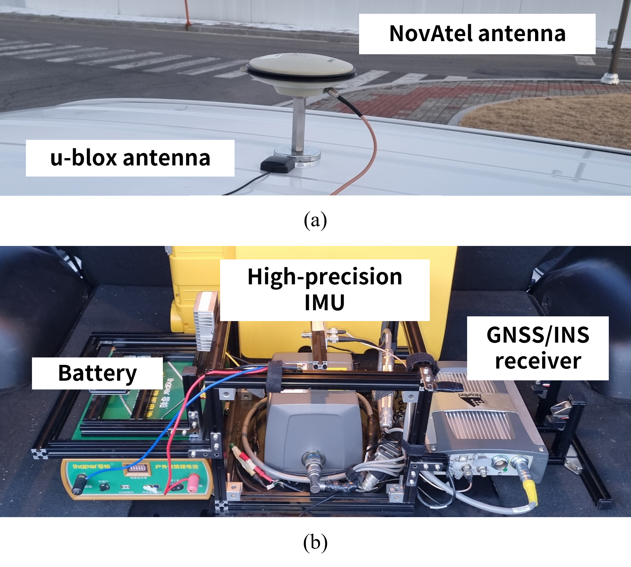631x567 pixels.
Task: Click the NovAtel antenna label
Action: click(x=477, y=34)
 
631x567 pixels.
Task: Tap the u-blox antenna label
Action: click(x=130, y=158)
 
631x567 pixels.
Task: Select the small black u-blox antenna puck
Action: click(x=278, y=164)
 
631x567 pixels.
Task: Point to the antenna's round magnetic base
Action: click(x=297, y=156)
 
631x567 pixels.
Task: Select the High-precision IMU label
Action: click(x=324, y=290)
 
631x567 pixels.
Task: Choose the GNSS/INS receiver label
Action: click(x=537, y=348)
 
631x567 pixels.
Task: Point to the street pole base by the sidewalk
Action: click(x=610, y=78)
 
